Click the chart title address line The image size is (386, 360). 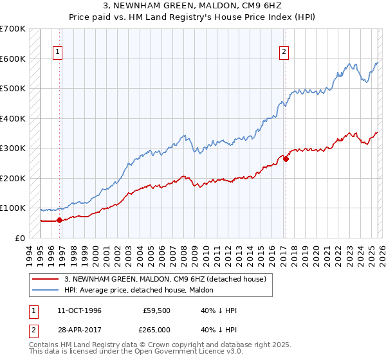[193, 5]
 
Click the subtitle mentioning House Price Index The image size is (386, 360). [193, 16]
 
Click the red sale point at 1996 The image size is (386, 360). [60, 220]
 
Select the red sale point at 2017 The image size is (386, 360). [286, 159]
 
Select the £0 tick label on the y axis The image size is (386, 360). [21, 238]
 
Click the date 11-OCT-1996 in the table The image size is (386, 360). [79, 310]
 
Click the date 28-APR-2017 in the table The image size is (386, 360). [79, 328]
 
